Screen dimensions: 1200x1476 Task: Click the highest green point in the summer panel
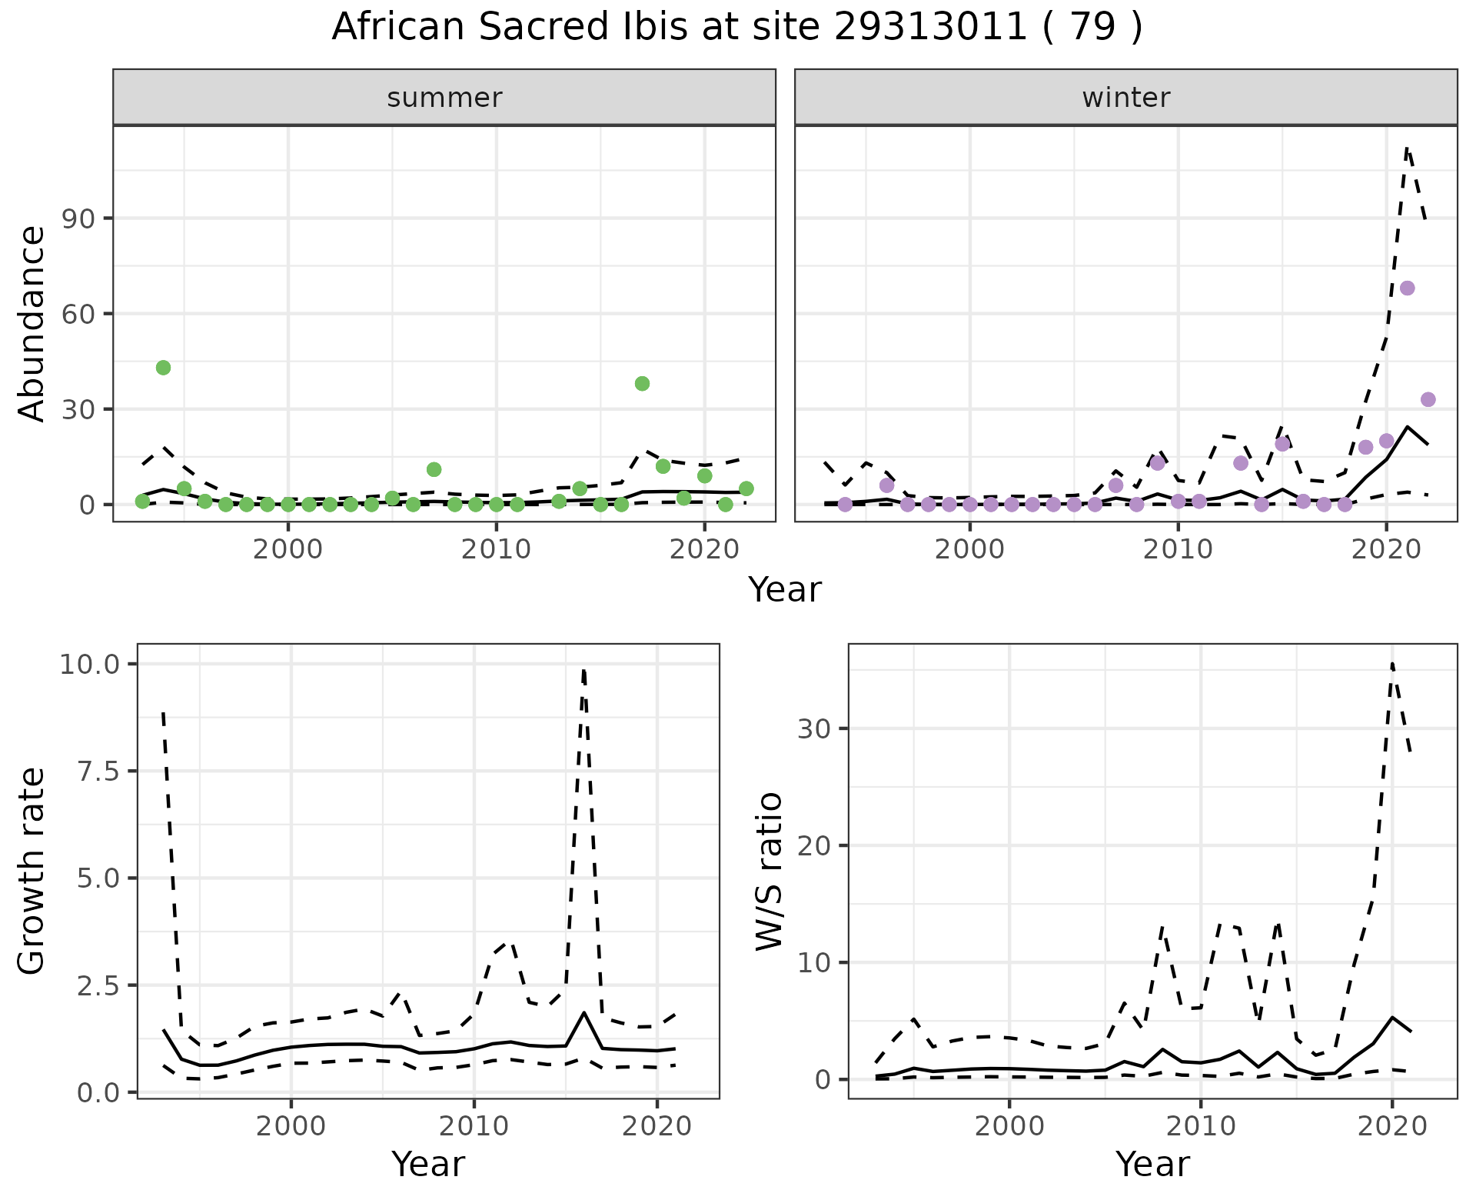(x=163, y=368)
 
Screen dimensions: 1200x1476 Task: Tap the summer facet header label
(x=444, y=98)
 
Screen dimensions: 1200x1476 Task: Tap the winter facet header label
(x=1125, y=98)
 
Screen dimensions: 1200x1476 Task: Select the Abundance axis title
(x=32, y=323)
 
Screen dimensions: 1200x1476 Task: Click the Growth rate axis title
(x=32, y=872)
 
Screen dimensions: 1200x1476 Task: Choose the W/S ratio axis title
(x=770, y=872)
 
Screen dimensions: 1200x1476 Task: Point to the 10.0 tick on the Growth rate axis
(x=89, y=665)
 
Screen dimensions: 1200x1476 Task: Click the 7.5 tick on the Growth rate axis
(x=97, y=772)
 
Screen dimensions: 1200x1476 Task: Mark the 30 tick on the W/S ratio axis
(x=816, y=729)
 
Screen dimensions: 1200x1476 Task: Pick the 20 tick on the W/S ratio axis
(x=816, y=846)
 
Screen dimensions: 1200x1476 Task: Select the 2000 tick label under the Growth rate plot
(x=291, y=1127)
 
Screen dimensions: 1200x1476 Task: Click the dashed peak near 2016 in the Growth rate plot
(x=584, y=671)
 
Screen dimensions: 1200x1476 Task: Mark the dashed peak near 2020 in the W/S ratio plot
(x=1392, y=663)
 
